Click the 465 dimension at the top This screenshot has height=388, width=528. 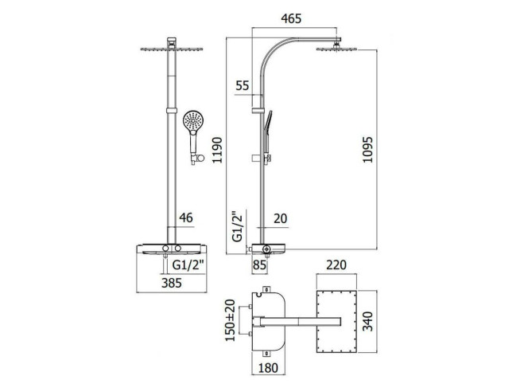pyautogui.click(x=291, y=18)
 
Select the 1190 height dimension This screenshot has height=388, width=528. pyautogui.click(x=218, y=150)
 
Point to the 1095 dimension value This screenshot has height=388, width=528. pyautogui.click(x=367, y=150)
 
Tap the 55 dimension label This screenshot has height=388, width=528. pyautogui.click(x=243, y=85)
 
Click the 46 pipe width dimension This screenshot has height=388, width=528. pyautogui.click(x=186, y=218)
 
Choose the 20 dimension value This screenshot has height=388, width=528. pyautogui.click(x=280, y=218)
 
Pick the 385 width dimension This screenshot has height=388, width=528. pyautogui.click(x=172, y=283)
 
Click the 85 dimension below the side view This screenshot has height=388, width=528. pyautogui.click(x=259, y=265)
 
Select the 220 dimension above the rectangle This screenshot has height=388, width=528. pyautogui.click(x=336, y=265)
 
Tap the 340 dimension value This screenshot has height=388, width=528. pyautogui.click(x=368, y=322)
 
